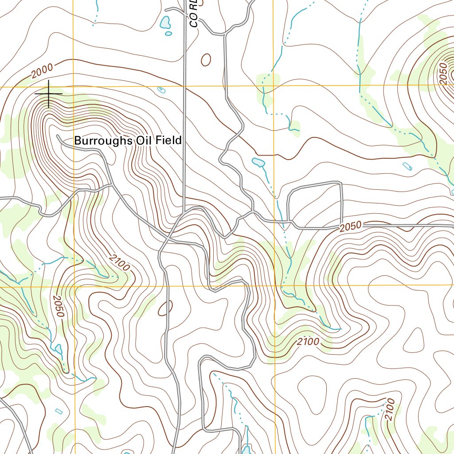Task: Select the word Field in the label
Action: [165, 141]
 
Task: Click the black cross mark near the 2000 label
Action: [48, 94]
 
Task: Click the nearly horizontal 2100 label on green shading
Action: [308, 342]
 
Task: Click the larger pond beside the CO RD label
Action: [165, 22]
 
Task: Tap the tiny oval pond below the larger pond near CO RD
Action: [168, 33]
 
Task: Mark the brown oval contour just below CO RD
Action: [206, 59]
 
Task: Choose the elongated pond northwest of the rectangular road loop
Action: [258, 163]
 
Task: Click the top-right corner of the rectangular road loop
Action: [341, 183]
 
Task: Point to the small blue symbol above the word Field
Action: [161, 90]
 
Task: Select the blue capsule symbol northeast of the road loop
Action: [407, 167]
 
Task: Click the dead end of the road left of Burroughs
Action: [58, 136]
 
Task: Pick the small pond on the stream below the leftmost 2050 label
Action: [59, 349]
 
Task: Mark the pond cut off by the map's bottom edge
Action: [247, 449]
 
